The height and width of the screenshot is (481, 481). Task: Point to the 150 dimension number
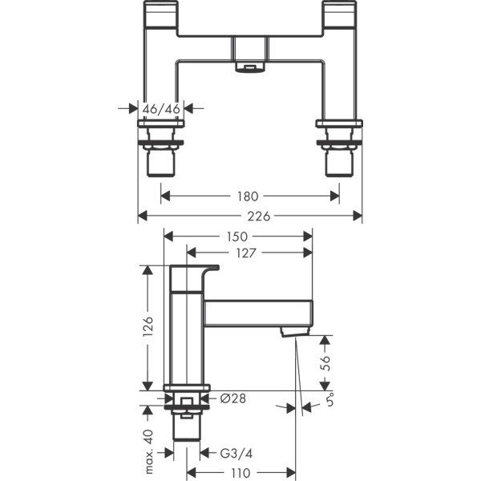click(x=237, y=236)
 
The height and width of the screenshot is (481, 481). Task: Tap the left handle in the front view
click(x=161, y=16)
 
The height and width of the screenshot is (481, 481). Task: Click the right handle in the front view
click(x=340, y=16)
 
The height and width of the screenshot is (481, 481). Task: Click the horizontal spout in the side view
click(x=257, y=313)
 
